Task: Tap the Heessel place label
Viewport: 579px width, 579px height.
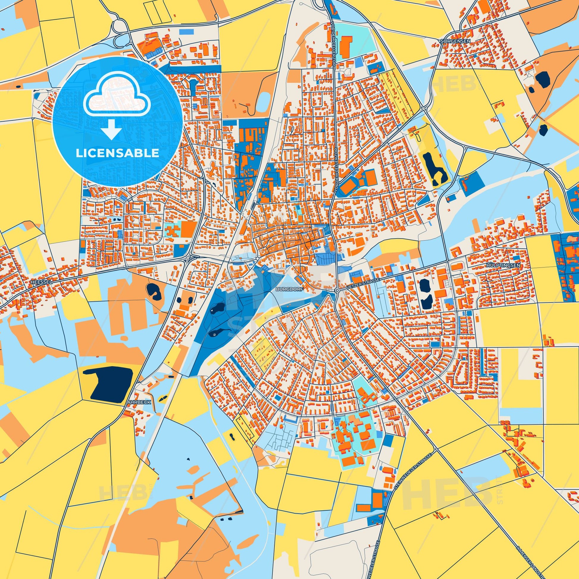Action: pos(37,282)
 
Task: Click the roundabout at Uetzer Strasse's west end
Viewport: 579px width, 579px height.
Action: pos(337,290)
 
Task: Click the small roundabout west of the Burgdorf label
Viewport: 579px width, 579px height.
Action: pos(257,258)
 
